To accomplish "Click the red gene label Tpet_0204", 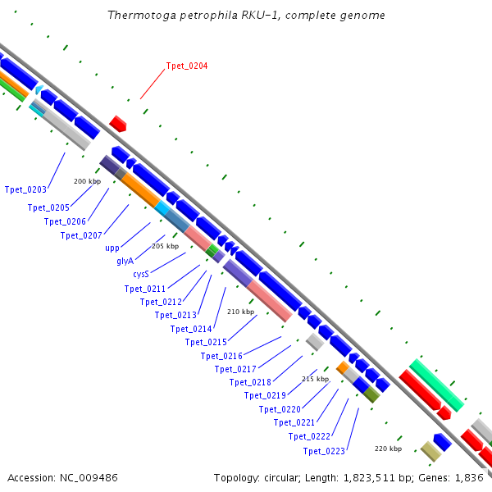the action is click(187, 66).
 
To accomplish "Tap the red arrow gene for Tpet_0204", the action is click(118, 124).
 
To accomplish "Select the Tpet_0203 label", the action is click(25, 189).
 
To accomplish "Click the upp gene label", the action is click(112, 248).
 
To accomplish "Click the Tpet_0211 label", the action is click(145, 289).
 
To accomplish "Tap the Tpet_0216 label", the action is click(221, 356).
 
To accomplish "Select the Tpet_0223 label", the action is click(324, 451).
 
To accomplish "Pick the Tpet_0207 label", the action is click(81, 235).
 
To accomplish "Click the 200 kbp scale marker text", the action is click(87, 181).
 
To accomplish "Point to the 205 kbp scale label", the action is click(165, 246).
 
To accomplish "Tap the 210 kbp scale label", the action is click(240, 312).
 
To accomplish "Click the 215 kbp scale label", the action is click(315, 379).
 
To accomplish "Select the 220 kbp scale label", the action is click(389, 449).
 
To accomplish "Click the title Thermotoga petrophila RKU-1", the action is click(246, 16).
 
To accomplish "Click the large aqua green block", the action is click(437, 385).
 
